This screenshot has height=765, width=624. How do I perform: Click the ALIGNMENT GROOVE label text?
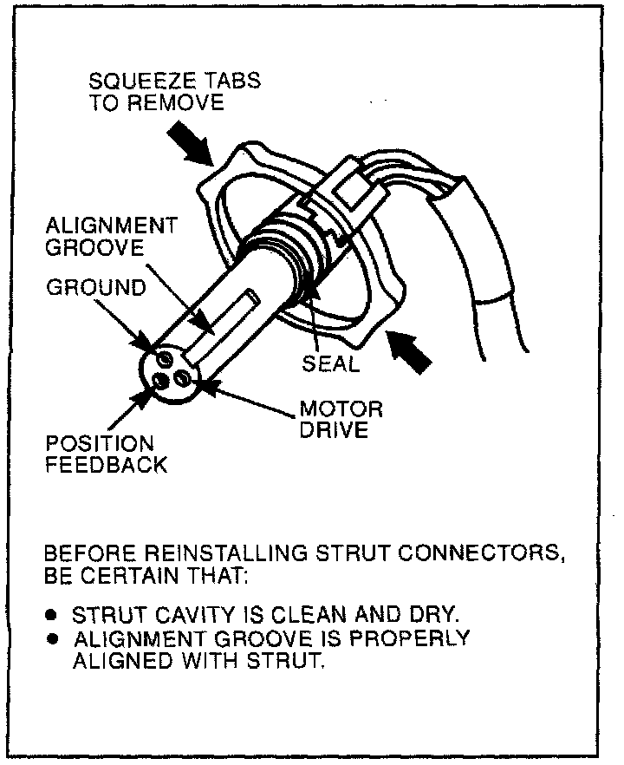click(112, 236)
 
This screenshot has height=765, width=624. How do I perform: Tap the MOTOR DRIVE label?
click(341, 419)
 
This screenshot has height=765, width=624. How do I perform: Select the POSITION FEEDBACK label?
click(107, 454)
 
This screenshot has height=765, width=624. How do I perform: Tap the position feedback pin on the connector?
click(161, 379)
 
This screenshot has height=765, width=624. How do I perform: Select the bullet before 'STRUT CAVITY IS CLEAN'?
click(52, 615)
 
